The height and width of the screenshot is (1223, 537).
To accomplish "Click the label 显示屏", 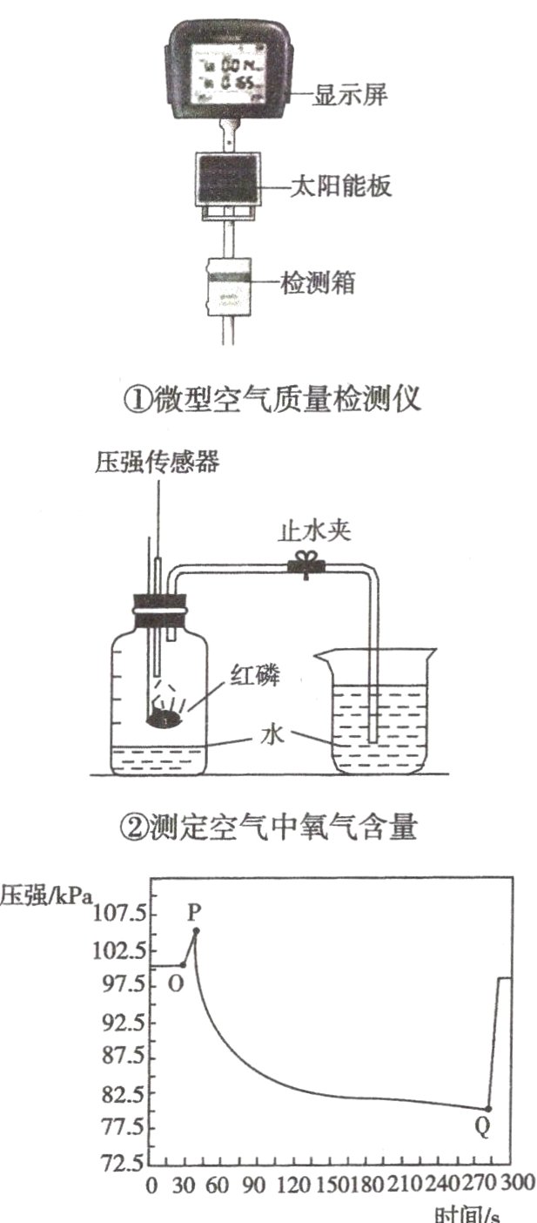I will pos(348,95).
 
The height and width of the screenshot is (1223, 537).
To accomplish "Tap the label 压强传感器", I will pos(157,463).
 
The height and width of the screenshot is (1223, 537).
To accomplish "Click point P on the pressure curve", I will pos(196,930).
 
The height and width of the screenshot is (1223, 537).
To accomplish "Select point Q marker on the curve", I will pos(488,1109).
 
